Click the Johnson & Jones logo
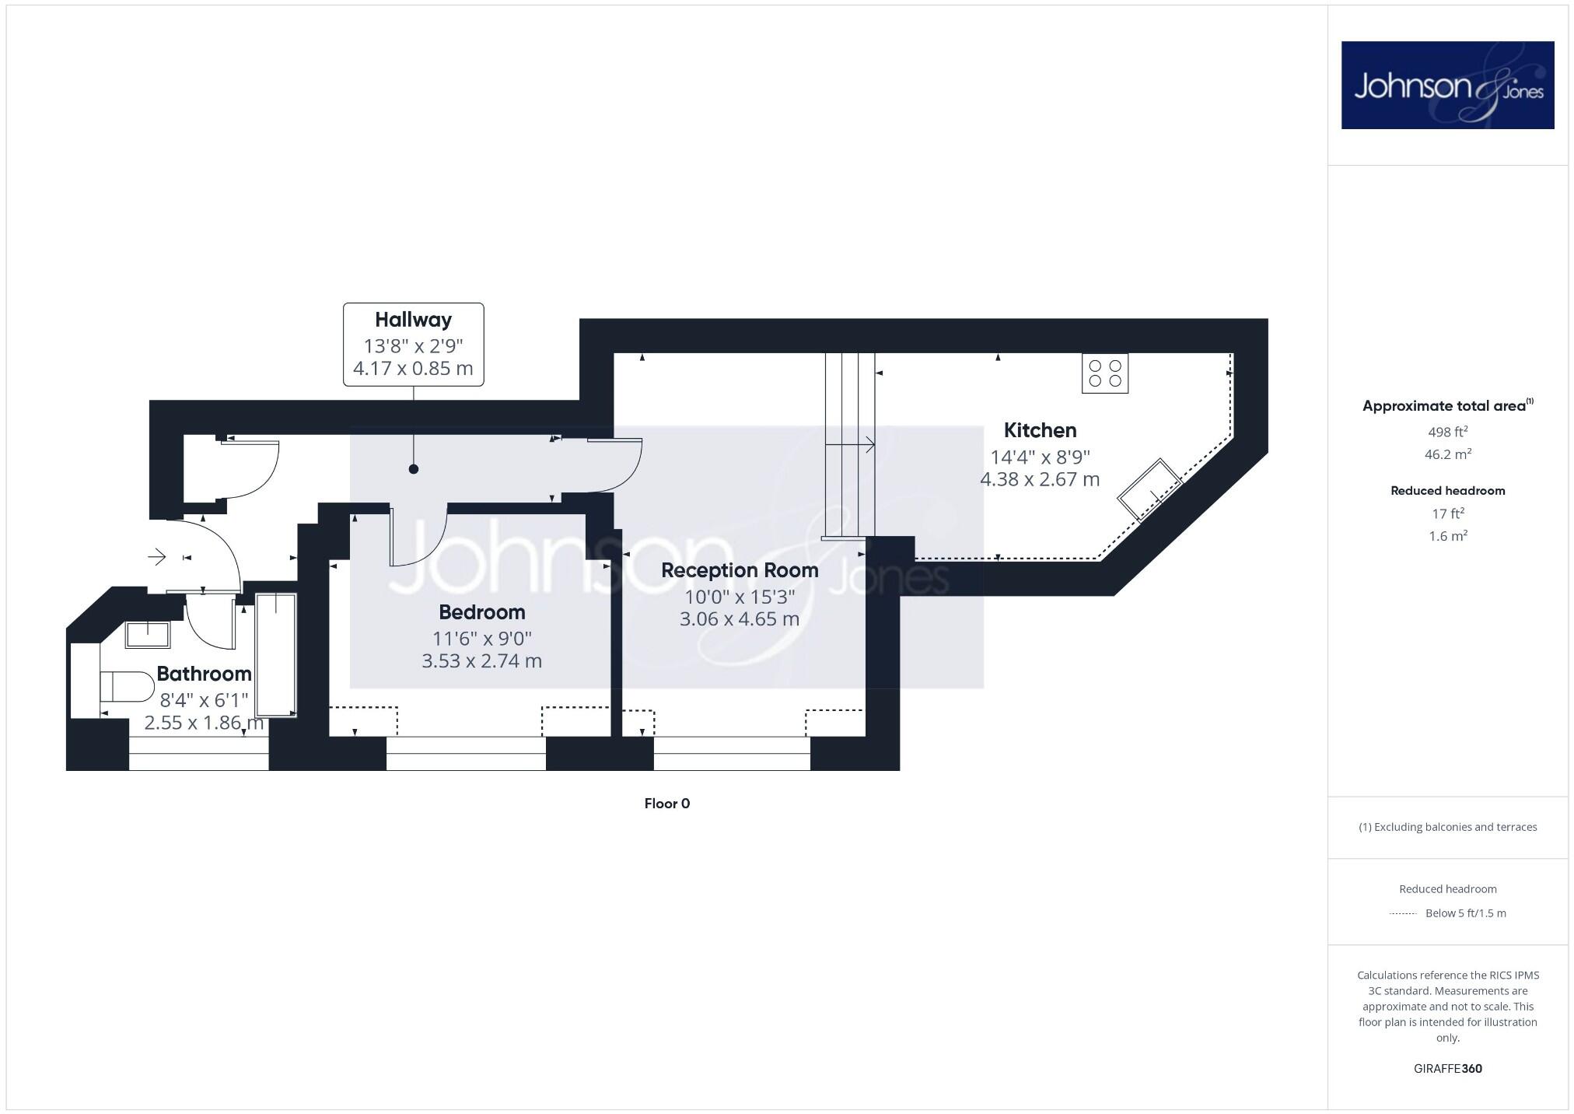point(1447,86)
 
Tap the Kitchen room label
point(1040,430)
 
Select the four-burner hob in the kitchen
point(1104,373)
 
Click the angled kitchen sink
point(1149,489)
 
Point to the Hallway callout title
point(413,320)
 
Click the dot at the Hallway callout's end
point(414,469)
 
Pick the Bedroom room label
point(481,612)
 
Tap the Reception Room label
point(740,570)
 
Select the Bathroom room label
point(204,674)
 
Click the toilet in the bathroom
point(127,687)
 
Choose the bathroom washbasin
point(148,634)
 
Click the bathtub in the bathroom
point(276,655)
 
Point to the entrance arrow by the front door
point(157,557)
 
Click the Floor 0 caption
point(666,804)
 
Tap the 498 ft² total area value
point(1447,432)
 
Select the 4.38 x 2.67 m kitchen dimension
point(1040,479)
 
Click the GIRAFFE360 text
point(1447,1068)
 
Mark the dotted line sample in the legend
point(1403,913)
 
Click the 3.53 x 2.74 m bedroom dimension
point(481,661)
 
